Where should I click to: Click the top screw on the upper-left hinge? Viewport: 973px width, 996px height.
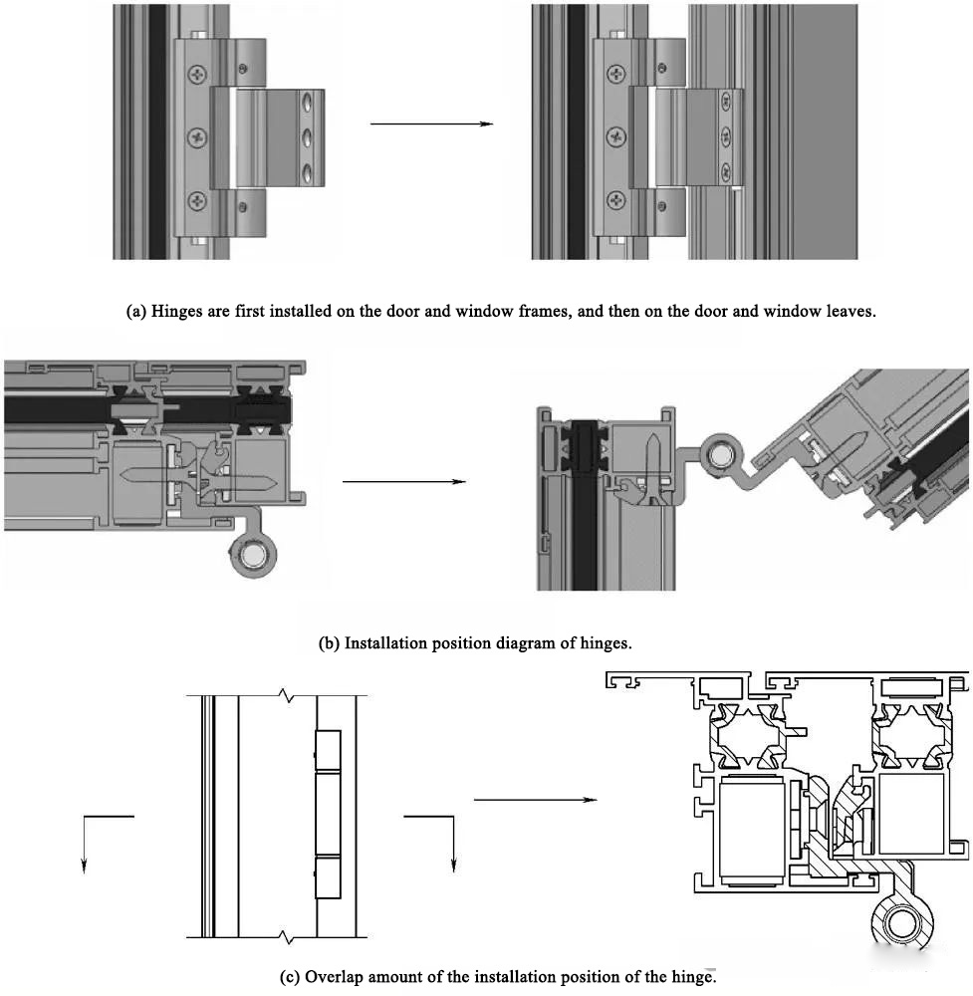[x=199, y=73]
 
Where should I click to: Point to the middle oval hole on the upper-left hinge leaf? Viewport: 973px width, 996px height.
[x=308, y=135]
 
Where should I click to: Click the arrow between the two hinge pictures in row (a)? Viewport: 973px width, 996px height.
[x=431, y=124]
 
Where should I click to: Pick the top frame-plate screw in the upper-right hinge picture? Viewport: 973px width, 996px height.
[x=617, y=73]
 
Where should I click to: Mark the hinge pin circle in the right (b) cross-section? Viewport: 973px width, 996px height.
[x=718, y=455]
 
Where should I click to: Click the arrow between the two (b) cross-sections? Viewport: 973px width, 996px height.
[x=403, y=482]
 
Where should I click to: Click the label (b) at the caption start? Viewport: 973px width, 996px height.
[x=329, y=642]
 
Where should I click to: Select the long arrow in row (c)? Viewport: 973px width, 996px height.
[x=535, y=800]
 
